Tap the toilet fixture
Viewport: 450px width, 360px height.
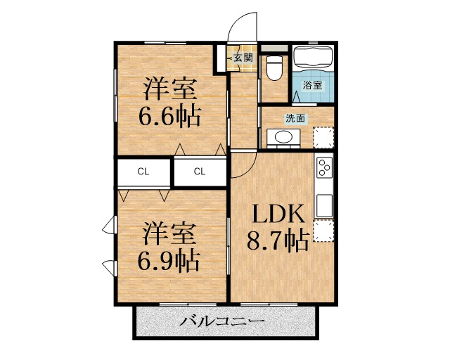click(x=273, y=69)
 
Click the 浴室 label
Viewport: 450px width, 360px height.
click(x=312, y=85)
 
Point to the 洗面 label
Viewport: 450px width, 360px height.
click(x=295, y=117)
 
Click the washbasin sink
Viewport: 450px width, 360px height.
click(x=283, y=138)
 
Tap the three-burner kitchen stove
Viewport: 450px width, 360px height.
click(x=324, y=168)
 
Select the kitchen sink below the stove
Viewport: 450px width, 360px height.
click(x=324, y=205)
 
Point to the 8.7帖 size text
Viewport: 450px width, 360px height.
click(x=277, y=242)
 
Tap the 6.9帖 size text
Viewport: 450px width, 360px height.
click(x=168, y=260)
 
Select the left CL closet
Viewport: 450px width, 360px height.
click(x=143, y=172)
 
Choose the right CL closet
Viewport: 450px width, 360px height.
click(x=200, y=172)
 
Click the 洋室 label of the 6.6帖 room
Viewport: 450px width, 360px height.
click(x=170, y=89)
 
